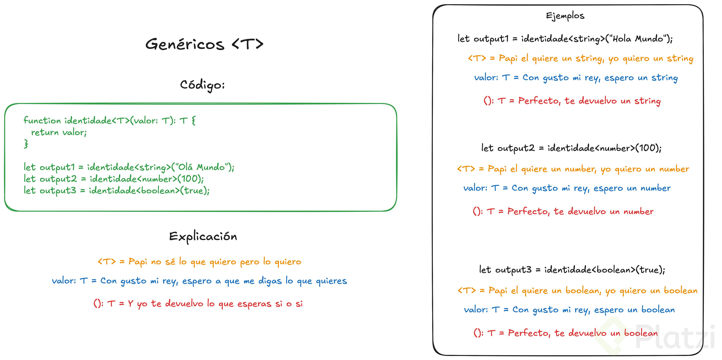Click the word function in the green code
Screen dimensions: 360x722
pos(42,120)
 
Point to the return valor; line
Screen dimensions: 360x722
pos(59,132)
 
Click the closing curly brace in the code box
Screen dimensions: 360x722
pos(26,144)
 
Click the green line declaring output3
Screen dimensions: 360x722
pos(116,190)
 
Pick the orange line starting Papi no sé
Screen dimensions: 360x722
pos(199,262)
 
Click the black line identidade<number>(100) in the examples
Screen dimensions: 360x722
pos(571,148)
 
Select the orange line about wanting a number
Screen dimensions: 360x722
pos(573,169)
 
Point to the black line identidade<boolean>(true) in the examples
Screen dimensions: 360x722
pos(572,270)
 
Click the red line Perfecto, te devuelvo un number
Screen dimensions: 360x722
pos(563,211)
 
